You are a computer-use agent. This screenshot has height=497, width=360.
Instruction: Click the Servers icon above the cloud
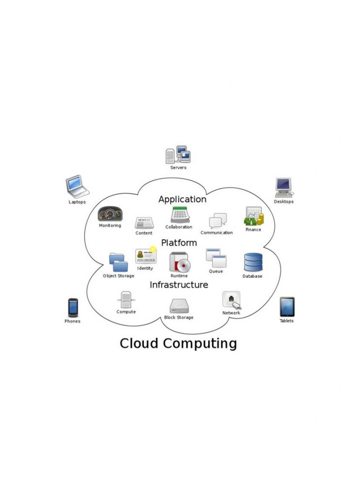[x=178, y=155]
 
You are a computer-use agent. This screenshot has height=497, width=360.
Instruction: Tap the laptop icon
[x=77, y=186]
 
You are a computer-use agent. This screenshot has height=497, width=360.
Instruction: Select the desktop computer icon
[x=284, y=188]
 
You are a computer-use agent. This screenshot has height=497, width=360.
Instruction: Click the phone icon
[x=73, y=307]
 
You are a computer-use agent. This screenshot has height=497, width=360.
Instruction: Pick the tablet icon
[x=287, y=307]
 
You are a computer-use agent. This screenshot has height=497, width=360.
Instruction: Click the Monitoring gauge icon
[x=110, y=214]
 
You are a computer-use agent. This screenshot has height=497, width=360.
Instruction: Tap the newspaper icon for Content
[x=144, y=223]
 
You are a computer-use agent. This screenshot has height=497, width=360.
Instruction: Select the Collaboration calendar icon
[x=180, y=215]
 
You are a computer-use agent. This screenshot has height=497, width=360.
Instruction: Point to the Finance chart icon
[x=254, y=216]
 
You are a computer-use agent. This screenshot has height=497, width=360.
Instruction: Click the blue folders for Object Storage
[x=118, y=263]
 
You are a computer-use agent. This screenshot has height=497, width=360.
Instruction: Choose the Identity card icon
[x=146, y=256]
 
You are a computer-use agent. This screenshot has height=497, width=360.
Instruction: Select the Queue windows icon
[x=216, y=258]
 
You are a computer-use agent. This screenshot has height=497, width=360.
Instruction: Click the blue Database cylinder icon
[x=253, y=262]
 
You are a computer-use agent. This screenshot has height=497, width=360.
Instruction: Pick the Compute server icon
[x=126, y=299]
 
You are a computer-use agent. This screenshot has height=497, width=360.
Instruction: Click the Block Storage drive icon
[x=179, y=306]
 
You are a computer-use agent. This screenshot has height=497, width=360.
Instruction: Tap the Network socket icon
[x=231, y=300]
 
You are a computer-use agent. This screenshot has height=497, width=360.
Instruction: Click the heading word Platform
[x=179, y=243]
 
